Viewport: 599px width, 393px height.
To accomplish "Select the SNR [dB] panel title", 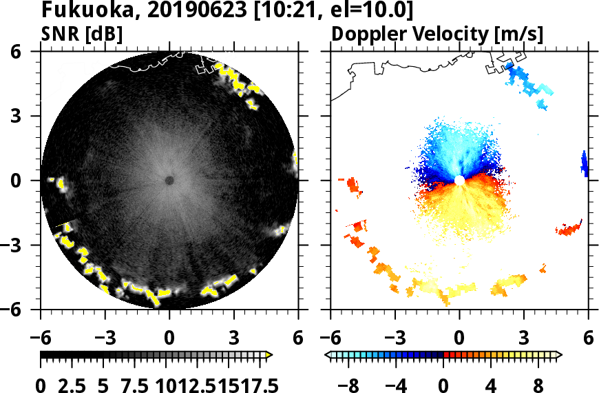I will pyautogui.click(x=82, y=33).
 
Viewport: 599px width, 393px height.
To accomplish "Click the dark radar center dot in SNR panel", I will pyautogui.click(x=169, y=181).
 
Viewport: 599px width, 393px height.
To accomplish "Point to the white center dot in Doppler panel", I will pyautogui.click(x=459, y=181).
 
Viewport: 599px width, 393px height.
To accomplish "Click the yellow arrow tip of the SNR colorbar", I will pyautogui.click(x=269, y=355).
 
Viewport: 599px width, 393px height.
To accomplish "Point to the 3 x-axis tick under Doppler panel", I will pyautogui.click(x=524, y=339).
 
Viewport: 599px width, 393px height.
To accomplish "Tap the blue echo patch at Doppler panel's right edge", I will pyautogui.click(x=584, y=164).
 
